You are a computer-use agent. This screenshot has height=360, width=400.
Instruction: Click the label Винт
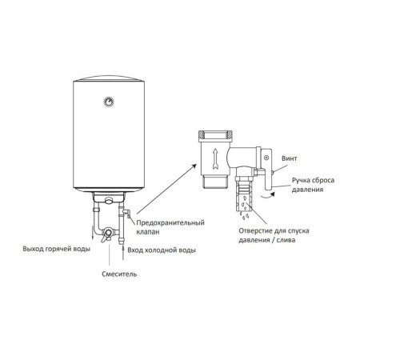click(x=290, y=158)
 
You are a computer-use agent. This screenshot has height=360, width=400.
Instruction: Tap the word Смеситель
click(x=119, y=274)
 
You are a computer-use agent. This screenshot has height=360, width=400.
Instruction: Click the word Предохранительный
click(x=170, y=222)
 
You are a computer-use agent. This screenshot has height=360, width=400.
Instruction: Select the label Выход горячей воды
click(x=57, y=249)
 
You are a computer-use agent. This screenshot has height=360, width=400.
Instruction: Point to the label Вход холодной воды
click(x=162, y=250)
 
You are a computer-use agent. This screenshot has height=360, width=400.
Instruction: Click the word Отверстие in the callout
click(x=255, y=231)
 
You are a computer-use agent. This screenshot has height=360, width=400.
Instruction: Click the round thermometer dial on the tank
click(x=109, y=102)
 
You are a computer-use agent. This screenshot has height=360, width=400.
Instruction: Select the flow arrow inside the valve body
click(x=215, y=159)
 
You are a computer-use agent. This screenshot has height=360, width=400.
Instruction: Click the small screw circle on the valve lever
click(x=266, y=158)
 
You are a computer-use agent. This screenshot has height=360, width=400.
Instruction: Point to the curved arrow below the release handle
click(x=267, y=196)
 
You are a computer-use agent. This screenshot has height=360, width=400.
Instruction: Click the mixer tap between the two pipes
click(x=108, y=234)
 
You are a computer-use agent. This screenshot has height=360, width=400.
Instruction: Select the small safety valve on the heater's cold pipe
click(x=126, y=213)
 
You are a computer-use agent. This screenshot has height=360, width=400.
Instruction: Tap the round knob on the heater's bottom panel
click(x=109, y=200)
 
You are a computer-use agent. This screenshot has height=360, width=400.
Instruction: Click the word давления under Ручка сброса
click(x=307, y=190)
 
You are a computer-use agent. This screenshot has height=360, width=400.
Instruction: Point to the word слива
click(x=286, y=240)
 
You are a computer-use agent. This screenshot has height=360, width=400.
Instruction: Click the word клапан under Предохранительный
click(x=148, y=232)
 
